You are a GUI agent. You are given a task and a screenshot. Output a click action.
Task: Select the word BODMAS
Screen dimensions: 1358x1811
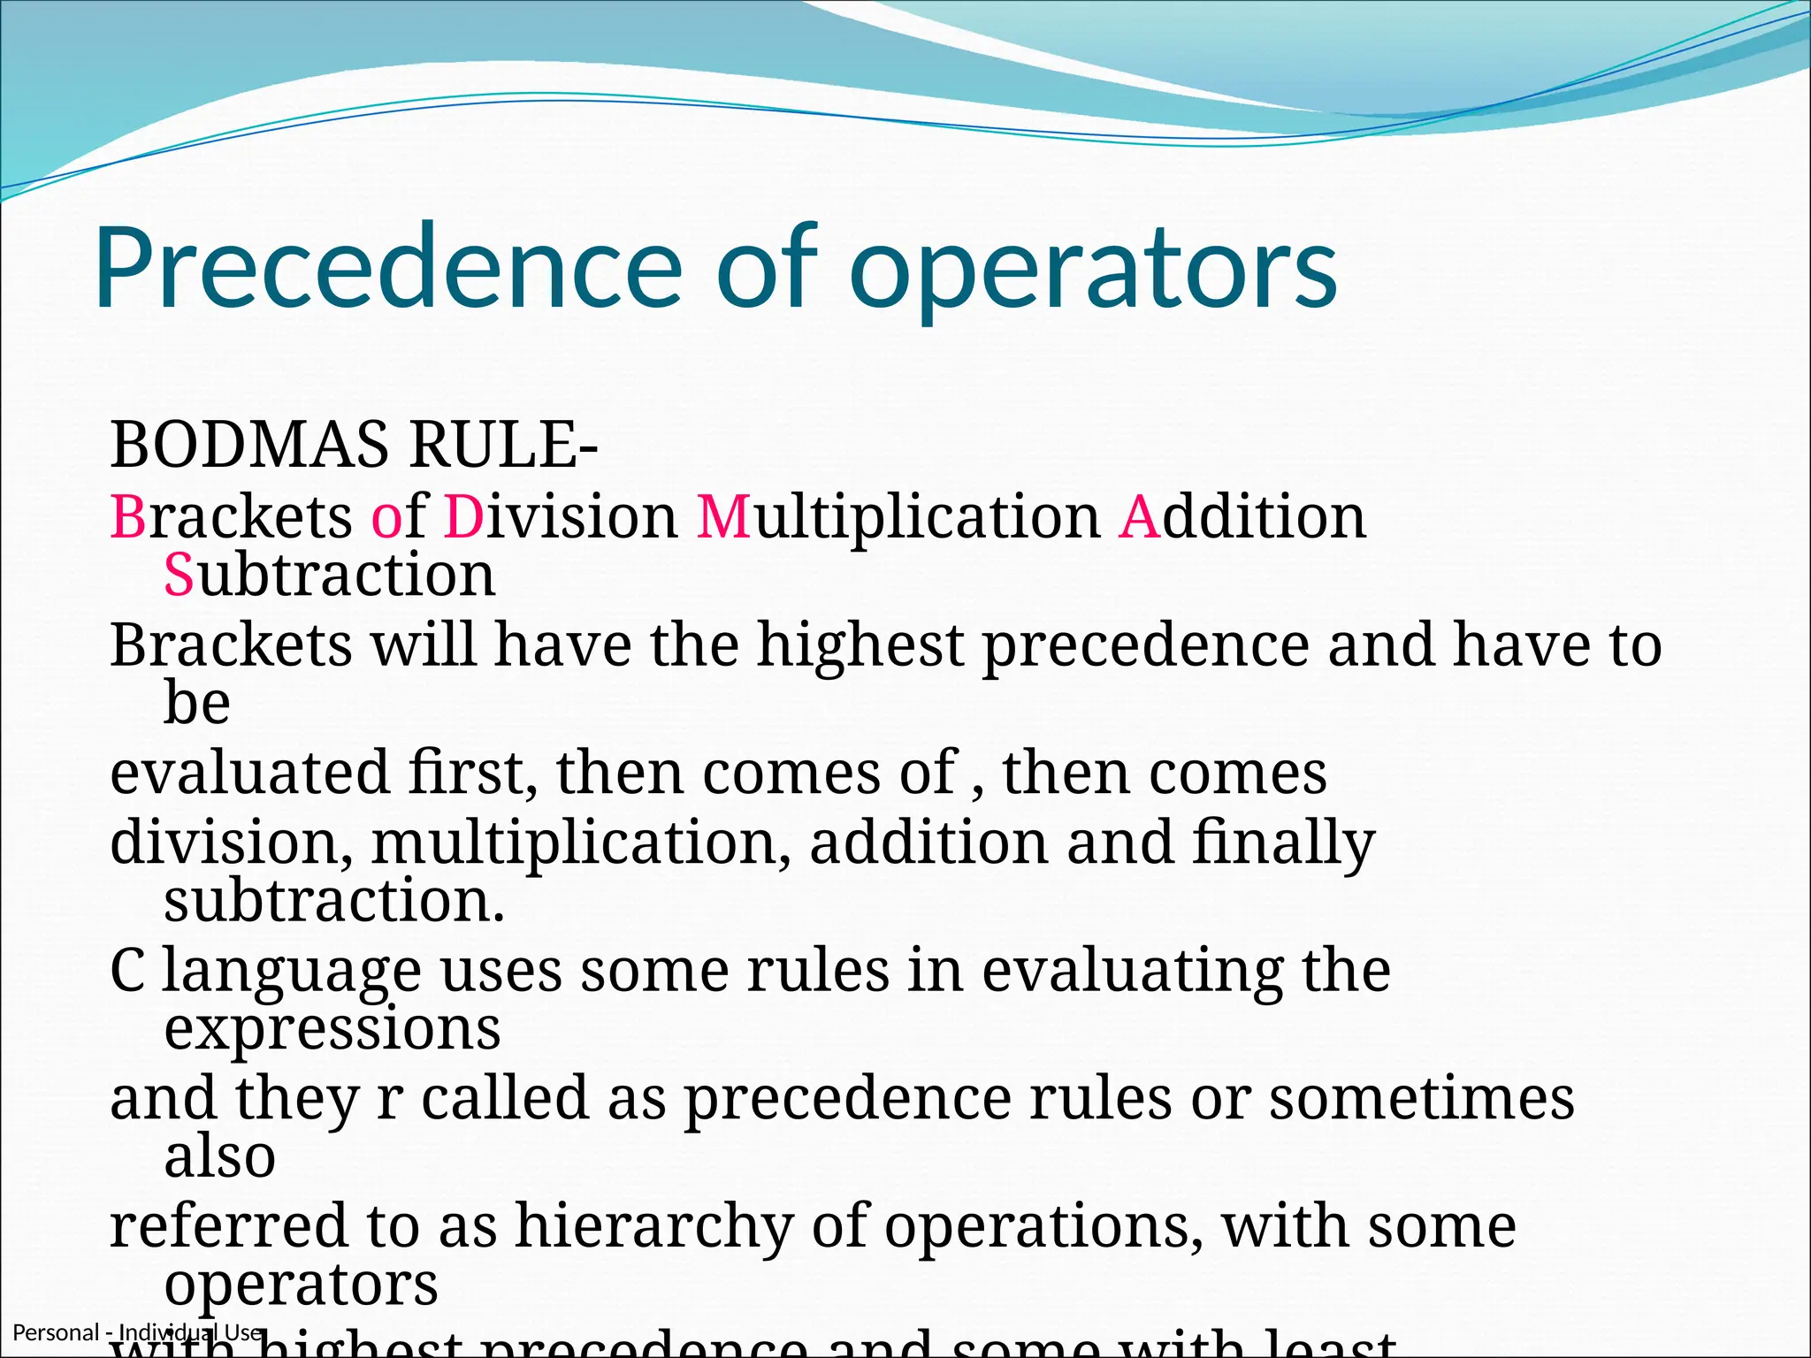pos(248,445)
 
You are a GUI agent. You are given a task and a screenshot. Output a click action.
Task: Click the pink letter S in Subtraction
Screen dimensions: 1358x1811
pos(179,575)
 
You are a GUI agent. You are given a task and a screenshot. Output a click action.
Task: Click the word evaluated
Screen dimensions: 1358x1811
pos(249,773)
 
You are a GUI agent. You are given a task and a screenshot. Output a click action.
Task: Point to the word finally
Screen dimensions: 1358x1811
pos(1283,843)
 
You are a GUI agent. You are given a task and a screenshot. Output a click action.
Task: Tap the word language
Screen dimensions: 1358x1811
pos(292,973)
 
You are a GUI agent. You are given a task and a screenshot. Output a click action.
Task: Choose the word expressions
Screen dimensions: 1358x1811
pos(332,1031)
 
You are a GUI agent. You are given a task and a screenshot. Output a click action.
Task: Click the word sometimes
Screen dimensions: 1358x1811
pos(1422,1098)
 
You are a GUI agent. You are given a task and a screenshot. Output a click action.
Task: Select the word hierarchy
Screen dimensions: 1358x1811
pos(653,1227)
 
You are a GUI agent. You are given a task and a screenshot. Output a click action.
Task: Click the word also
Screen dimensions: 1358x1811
pos(220,1156)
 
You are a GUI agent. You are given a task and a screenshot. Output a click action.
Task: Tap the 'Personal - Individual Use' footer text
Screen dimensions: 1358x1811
pos(137,1332)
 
